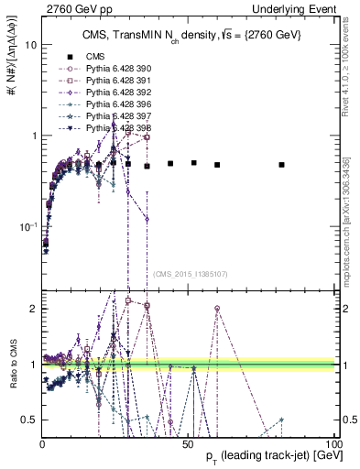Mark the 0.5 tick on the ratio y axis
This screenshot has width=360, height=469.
29,420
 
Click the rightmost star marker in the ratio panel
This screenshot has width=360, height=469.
282,420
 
